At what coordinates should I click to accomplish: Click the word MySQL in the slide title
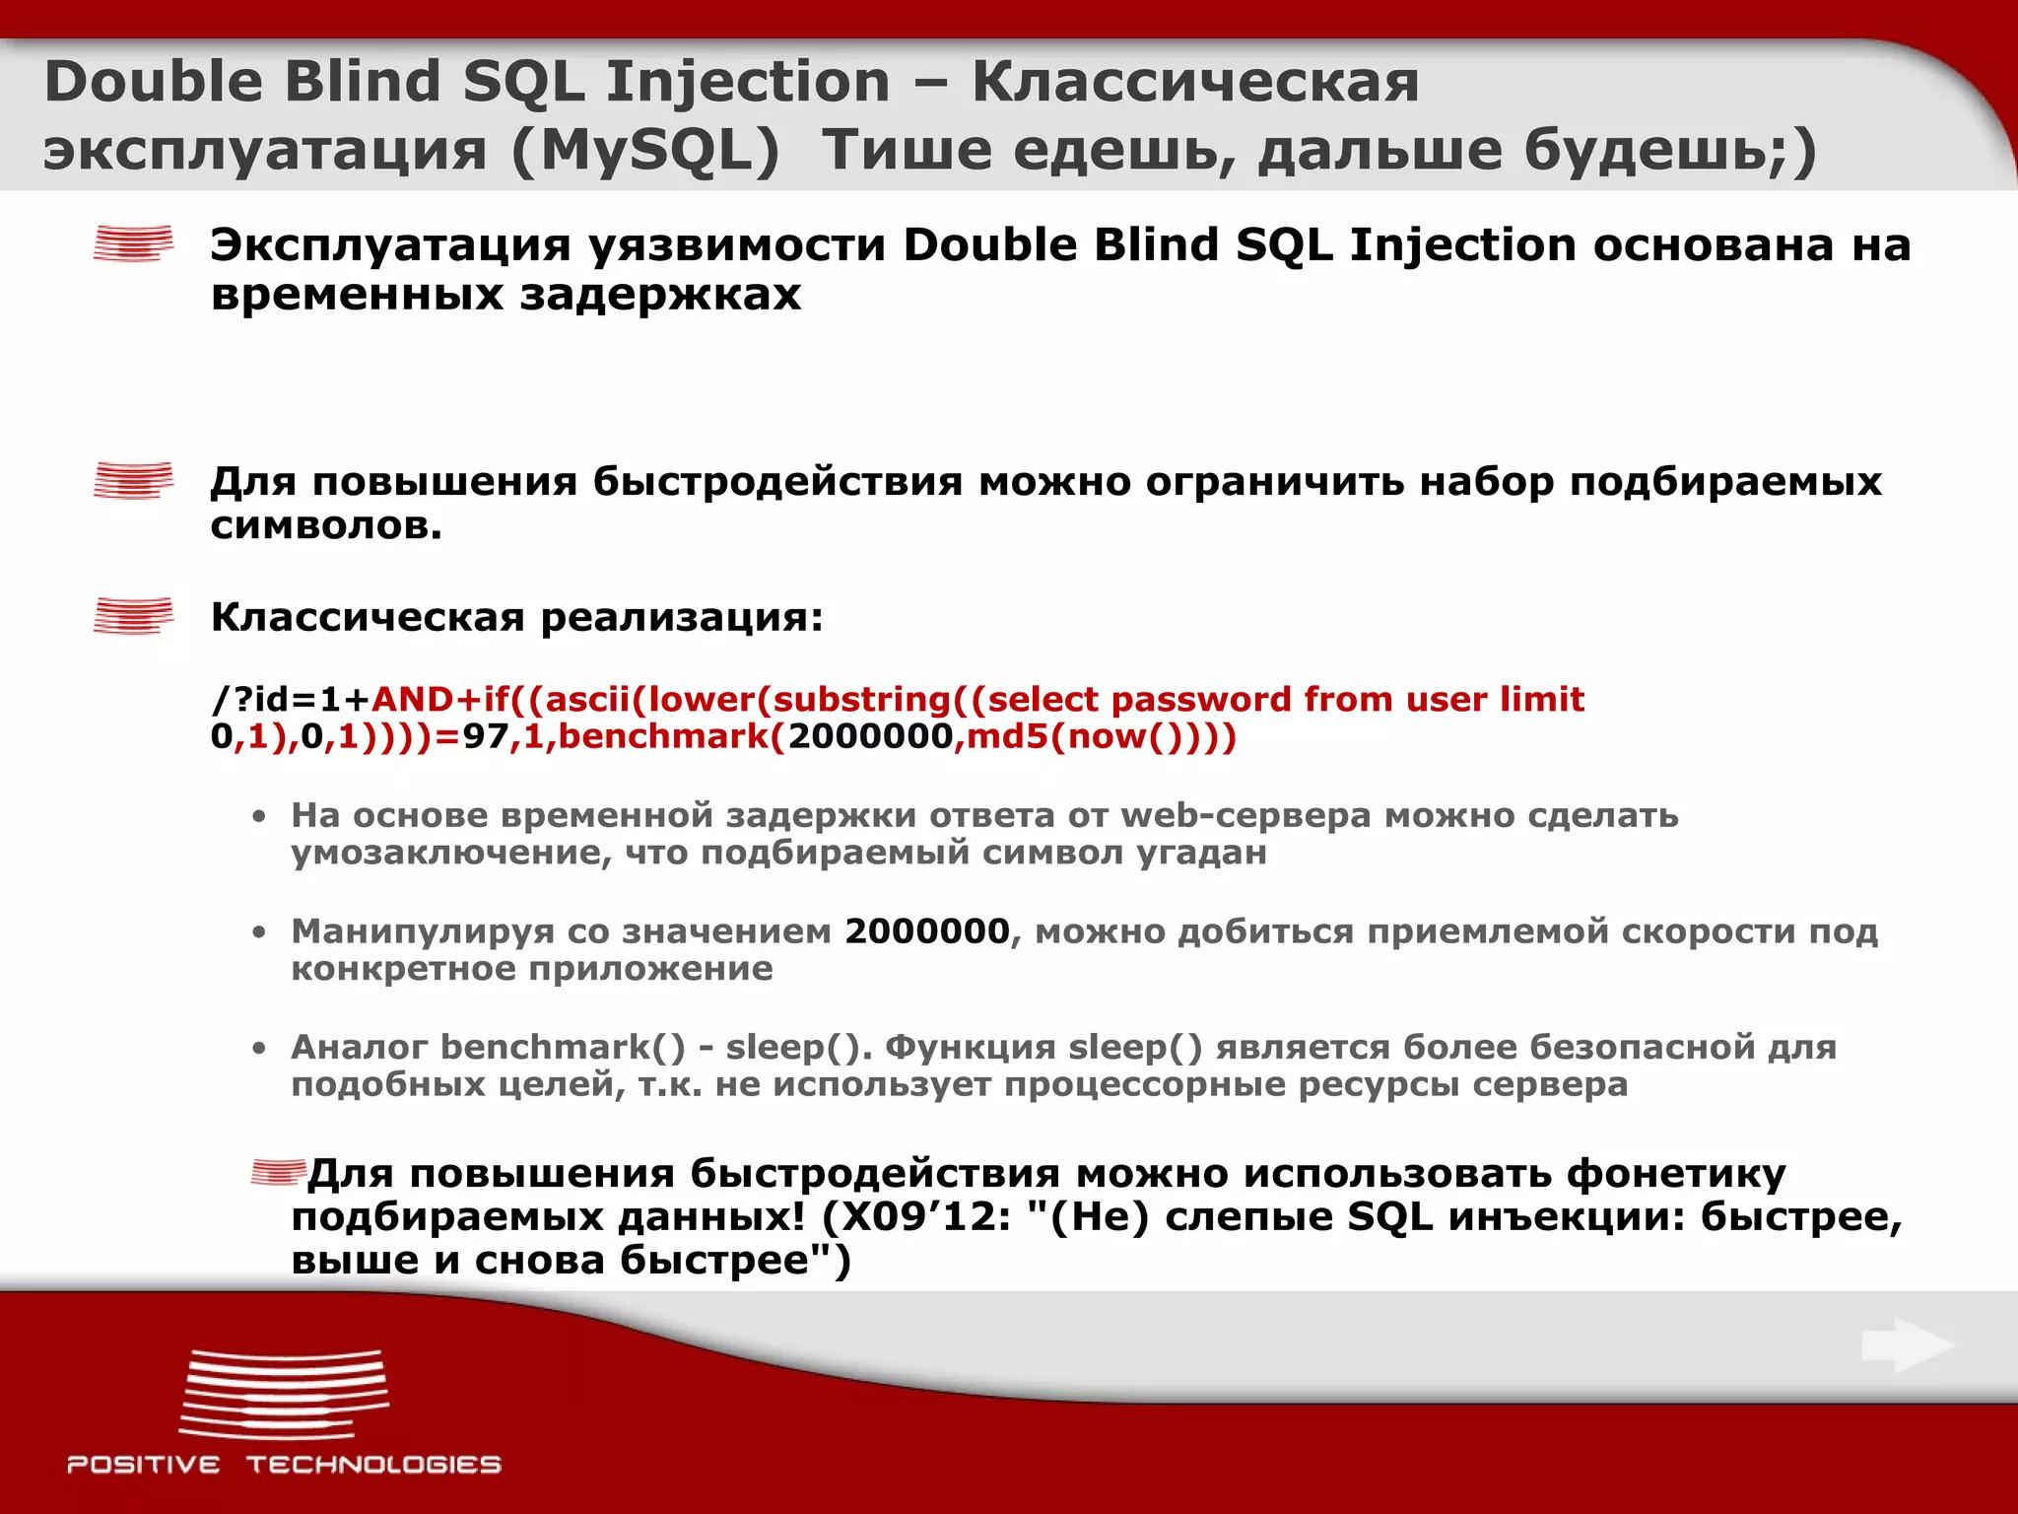point(645,151)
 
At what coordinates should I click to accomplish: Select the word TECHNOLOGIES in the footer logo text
point(373,1465)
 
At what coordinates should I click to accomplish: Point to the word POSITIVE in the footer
point(144,1465)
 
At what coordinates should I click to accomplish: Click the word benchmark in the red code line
point(671,736)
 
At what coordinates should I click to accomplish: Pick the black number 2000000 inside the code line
point(871,736)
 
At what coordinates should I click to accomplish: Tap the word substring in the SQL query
point(861,699)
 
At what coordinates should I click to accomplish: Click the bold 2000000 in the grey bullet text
point(927,930)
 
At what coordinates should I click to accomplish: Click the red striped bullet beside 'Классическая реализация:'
point(133,615)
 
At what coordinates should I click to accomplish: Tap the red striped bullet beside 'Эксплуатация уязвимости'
point(133,243)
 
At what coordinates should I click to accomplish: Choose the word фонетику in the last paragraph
point(1676,1174)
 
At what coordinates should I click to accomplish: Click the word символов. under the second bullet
point(326,525)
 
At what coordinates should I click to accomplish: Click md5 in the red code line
point(1006,736)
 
